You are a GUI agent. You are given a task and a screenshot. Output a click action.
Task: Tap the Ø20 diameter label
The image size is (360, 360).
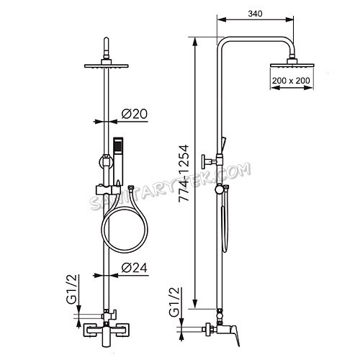(135, 114)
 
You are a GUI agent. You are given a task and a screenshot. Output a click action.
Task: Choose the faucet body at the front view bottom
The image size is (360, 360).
(104, 333)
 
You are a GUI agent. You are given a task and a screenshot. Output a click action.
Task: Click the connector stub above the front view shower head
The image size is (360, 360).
(107, 49)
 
